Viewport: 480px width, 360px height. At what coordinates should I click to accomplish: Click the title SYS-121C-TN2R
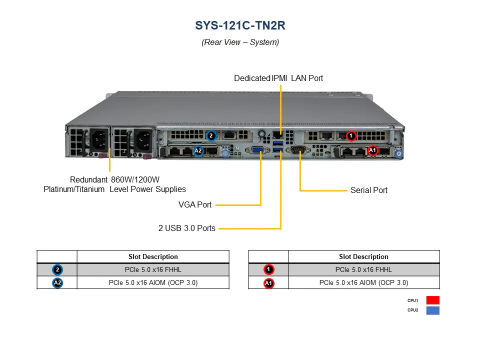click(240, 26)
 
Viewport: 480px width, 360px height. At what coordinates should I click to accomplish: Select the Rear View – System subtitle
click(240, 42)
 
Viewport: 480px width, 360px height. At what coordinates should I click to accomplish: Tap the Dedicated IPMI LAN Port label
click(278, 78)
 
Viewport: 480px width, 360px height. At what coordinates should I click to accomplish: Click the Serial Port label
click(368, 190)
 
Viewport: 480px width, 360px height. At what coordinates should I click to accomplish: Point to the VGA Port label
click(195, 204)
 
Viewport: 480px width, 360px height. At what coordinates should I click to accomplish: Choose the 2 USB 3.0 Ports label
click(187, 228)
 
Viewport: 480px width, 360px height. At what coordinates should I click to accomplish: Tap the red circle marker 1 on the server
click(351, 135)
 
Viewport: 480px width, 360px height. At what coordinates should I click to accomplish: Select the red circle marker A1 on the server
click(372, 150)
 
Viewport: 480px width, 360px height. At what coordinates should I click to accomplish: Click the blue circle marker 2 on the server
click(211, 135)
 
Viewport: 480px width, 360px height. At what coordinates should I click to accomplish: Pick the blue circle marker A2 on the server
click(198, 150)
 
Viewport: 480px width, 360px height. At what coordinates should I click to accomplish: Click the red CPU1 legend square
click(432, 300)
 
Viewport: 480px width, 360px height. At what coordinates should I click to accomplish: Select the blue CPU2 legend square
click(432, 310)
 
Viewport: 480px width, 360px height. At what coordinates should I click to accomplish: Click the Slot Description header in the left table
click(153, 256)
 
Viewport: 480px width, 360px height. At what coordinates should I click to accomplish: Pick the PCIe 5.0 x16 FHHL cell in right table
click(363, 270)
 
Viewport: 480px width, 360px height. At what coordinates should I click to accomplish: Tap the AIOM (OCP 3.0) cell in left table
click(153, 283)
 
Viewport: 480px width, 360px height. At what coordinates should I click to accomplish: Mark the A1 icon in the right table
click(268, 283)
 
